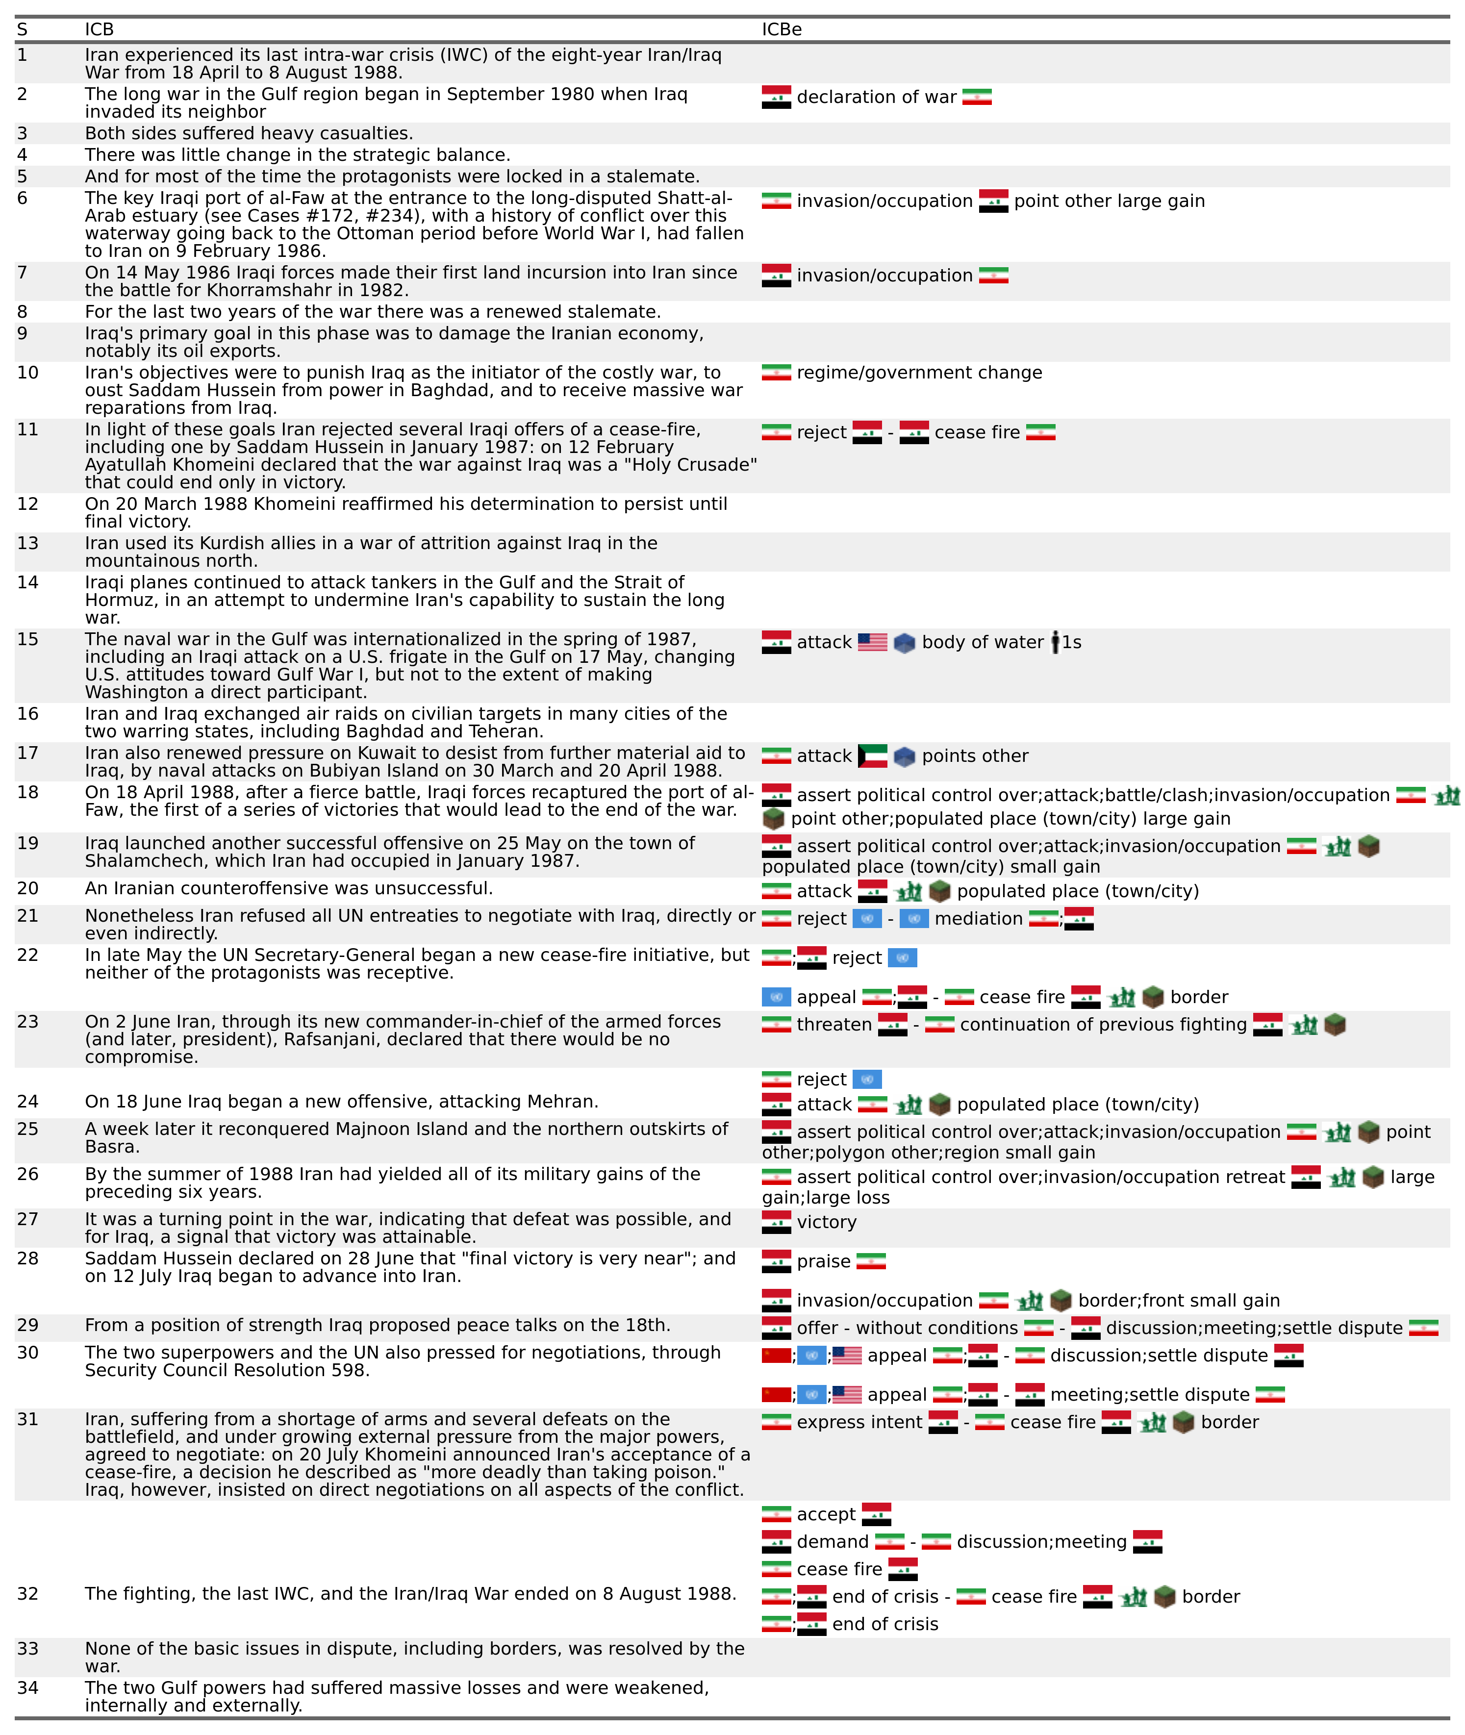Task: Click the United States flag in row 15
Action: click(872, 642)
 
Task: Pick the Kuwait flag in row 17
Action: click(872, 756)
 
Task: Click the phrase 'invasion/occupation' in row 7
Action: click(884, 276)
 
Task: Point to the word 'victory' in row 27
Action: click(826, 1222)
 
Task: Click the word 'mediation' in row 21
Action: click(978, 919)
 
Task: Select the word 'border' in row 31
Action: click(1229, 1422)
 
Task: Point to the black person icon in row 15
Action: click(1055, 642)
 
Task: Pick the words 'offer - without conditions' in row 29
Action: click(907, 1328)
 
